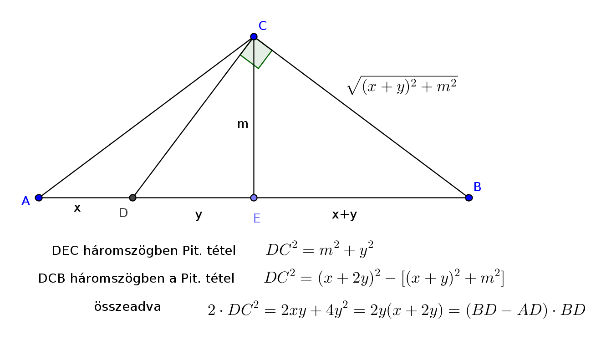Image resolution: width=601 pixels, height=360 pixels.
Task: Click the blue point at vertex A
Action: tap(39, 198)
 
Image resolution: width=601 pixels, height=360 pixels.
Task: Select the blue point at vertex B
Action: tap(469, 198)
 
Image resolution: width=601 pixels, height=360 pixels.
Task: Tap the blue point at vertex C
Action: tap(254, 36)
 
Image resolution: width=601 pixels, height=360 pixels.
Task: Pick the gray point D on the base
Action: tap(132, 198)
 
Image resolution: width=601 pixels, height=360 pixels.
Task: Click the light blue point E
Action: tap(254, 198)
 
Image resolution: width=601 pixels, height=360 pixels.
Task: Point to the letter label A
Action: tap(26, 201)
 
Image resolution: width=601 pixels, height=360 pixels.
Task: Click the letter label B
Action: tap(477, 187)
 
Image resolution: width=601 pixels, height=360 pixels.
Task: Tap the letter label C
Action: tap(263, 26)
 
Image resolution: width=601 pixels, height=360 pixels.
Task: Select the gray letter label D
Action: tap(123, 213)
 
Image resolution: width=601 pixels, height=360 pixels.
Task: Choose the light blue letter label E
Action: tap(257, 218)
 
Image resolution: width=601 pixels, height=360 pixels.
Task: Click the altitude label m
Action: tap(243, 124)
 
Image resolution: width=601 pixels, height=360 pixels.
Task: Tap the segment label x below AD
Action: tap(77, 208)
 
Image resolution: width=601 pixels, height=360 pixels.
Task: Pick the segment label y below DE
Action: tap(199, 215)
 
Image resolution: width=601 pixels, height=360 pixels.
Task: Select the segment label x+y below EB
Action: tap(345, 215)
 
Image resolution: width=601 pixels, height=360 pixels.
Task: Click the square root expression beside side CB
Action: tap(402, 86)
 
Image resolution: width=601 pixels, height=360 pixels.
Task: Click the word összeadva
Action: tap(127, 307)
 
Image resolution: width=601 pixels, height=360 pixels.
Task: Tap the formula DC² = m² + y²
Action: tap(320, 249)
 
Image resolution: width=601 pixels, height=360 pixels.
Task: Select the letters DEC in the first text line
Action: tap(65, 251)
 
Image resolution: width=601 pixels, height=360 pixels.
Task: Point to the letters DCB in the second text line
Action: tap(52, 279)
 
